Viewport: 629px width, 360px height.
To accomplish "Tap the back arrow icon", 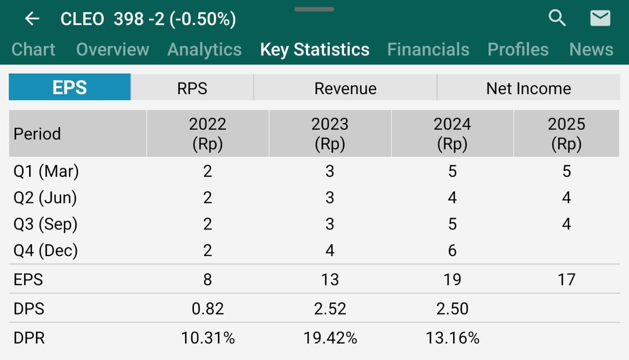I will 32,18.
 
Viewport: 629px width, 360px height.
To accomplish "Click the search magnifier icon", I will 557,18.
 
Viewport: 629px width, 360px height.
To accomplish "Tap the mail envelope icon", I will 600,18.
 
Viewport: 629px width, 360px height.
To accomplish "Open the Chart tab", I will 33,50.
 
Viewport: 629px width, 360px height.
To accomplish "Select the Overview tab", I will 112,50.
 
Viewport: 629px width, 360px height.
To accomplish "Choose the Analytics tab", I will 204,50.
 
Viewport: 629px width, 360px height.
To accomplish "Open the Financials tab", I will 428,50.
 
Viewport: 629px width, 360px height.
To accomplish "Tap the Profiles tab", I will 518,50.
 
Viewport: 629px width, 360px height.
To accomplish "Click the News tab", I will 591,50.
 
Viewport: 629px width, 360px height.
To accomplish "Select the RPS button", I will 192,88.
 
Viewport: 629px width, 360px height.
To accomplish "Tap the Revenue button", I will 345,88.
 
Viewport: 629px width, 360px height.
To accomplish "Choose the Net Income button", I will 528,88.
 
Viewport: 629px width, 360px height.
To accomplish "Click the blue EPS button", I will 70,87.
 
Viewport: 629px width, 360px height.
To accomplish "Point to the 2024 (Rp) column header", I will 452,134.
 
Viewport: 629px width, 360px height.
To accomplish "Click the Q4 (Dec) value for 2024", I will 452,251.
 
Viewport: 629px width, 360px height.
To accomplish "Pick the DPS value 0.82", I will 208,309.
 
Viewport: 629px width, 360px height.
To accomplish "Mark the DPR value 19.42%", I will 330,338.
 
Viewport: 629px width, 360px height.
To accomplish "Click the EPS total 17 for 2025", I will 566,280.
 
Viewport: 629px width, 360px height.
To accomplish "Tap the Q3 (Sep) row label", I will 46,224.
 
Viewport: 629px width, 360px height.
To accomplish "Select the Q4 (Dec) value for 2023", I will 330,251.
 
